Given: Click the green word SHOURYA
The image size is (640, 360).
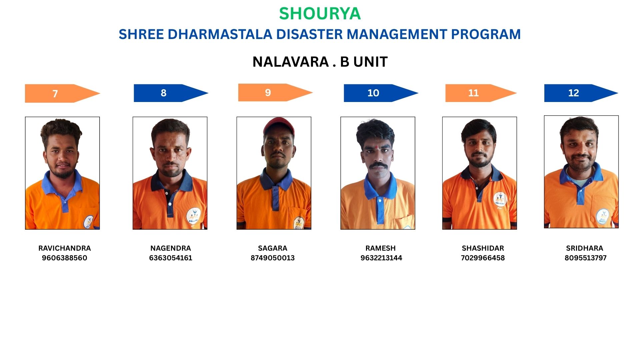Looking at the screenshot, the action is (x=320, y=14).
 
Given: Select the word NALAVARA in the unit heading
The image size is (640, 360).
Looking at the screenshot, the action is (x=291, y=62).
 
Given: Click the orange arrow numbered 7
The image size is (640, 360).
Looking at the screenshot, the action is (x=63, y=93).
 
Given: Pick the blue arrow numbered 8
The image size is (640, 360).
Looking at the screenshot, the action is (x=171, y=93).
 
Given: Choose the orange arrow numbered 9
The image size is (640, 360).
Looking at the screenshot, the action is (x=275, y=92).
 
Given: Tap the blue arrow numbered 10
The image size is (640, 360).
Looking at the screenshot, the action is (x=381, y=93).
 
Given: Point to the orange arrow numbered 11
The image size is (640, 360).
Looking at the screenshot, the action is (x=481, y=93).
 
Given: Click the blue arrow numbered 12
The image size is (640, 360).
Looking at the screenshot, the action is (x=581, y=93).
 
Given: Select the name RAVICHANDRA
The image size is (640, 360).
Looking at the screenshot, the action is (x=65, y=248).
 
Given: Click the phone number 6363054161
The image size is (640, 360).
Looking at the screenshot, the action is (x=171, y=258).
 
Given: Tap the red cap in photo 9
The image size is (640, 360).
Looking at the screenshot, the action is (x=279, y=127).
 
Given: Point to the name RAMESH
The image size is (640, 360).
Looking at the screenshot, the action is (x=381, y=248).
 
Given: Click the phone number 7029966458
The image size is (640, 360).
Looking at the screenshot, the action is (x=483, y=258).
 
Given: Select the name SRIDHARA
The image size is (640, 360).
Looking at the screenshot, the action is (x=585, y=248).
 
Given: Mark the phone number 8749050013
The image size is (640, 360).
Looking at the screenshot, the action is (x=273, y=258).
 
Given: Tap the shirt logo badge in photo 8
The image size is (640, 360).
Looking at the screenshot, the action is (x=193, y=216).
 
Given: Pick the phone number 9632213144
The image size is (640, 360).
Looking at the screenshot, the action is (x=381, y=258).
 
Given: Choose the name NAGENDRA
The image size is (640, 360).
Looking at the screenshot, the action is (x=171, y=248).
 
